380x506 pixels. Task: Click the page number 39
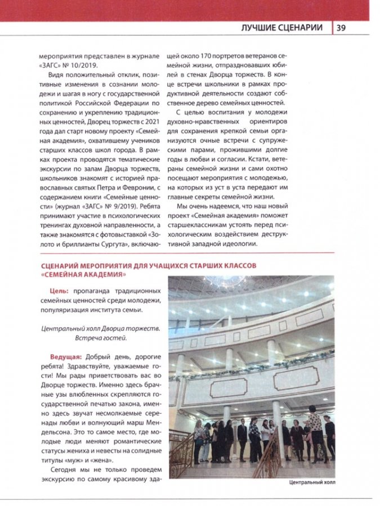(x=341, y=28)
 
